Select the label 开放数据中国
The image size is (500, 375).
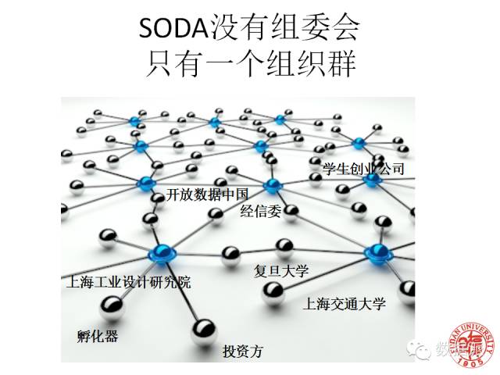[207, 195]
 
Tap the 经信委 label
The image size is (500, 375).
[259, 210]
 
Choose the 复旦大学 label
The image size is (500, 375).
[282, 271]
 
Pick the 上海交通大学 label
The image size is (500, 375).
[345, 304]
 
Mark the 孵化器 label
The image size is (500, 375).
[98, 337]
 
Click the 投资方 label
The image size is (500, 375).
[243, 351]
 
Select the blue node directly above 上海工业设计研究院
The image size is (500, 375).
[162, 252]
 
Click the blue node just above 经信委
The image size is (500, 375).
[272, 186]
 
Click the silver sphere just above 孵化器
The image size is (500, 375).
[111, 310]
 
